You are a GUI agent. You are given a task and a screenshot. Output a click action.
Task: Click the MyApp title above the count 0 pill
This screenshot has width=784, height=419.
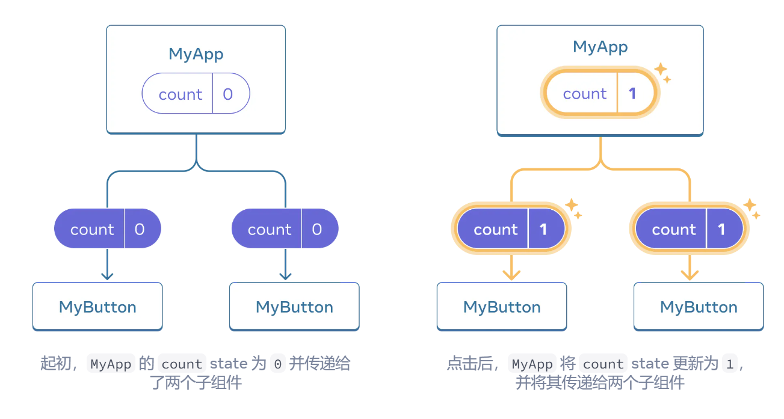(196, 54)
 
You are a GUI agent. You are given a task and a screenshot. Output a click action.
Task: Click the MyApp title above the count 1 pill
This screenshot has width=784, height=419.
(600, 47)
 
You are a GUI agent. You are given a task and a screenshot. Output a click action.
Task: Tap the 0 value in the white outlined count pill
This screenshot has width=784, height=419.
(228, 94)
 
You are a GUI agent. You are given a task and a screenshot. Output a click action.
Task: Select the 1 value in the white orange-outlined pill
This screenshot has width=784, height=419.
(632, 94)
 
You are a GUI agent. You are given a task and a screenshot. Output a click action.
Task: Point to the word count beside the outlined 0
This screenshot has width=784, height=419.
(180, 94)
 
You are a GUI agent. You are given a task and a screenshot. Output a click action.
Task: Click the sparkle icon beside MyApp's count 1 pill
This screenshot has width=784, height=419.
(662, 71)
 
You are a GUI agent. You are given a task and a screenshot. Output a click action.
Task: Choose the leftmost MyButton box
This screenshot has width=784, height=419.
(97, 307)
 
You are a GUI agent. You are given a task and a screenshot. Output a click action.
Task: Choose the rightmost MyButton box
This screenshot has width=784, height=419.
(699, 307)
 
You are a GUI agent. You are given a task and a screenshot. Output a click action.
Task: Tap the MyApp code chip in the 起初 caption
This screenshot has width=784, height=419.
(111, 364)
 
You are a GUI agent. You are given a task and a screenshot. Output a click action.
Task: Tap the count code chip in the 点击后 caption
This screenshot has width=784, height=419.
(603, 364)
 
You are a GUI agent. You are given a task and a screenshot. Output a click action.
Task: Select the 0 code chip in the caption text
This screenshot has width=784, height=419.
(277, 364)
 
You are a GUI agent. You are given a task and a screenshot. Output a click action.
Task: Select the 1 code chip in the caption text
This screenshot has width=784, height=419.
(730, 364)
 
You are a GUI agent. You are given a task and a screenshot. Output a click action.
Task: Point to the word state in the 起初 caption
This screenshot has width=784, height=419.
(228, 364)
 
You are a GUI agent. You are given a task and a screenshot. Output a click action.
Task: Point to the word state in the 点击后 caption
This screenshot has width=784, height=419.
(650, 364)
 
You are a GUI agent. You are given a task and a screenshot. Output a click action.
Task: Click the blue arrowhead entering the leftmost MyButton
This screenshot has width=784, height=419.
(107, 275)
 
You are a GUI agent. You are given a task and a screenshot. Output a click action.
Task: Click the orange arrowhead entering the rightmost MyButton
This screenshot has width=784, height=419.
(690, 275)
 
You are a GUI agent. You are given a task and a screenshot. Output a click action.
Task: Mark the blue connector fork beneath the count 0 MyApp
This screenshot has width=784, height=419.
(196, 164)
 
